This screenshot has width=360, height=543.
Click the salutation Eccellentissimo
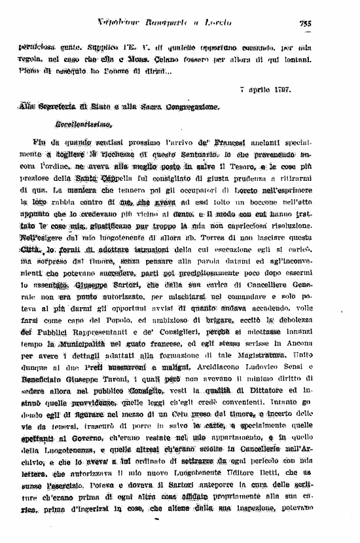point(84,122)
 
